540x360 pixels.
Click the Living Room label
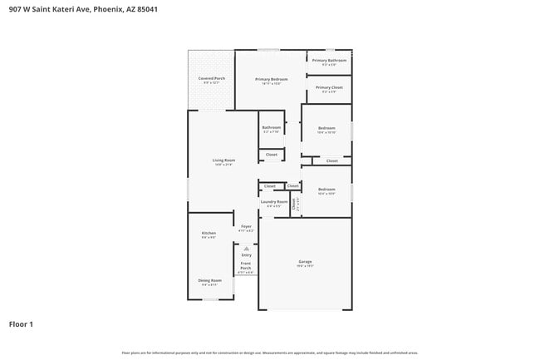pos(223,160)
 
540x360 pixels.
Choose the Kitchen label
pos(209,233)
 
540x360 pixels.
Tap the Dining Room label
pos(209,280)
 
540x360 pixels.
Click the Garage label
pos(305,262)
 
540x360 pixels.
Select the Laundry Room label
pos(274,201)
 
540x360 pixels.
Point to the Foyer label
pos(246,226)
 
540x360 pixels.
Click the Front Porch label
pos(246,266)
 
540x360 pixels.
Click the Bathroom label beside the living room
pos(272,127)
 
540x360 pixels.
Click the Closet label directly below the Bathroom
pos(272,154)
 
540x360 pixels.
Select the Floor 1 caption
pos(21,323)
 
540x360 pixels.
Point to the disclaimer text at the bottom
pos(269,353)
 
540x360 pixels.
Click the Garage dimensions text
pos(305,266)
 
